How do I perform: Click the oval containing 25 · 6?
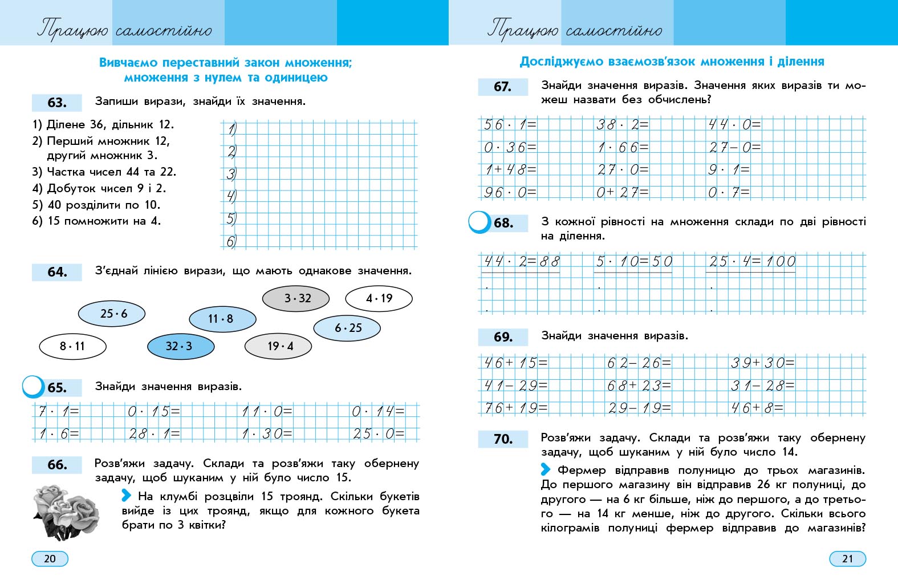tap(112, 313)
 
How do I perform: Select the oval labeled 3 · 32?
tap(296, 298)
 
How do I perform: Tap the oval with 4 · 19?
tap(379, 298)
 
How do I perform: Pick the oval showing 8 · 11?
tap(72, 346)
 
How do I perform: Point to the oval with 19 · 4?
tap(278, 346)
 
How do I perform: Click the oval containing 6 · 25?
tap(347, 328)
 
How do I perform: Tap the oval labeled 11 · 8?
tap(222, 319)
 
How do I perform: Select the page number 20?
tap(50, 558)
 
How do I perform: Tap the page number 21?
tap(847, 558)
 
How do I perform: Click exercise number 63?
tap(57, 103)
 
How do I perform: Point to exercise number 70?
tap(503, 439)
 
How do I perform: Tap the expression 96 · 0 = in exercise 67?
tap(510, 192)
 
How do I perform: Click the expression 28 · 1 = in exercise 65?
tap(154, 433)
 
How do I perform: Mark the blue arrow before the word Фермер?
tap(546, 469)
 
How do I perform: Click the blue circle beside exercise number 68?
tap(480, 222)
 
